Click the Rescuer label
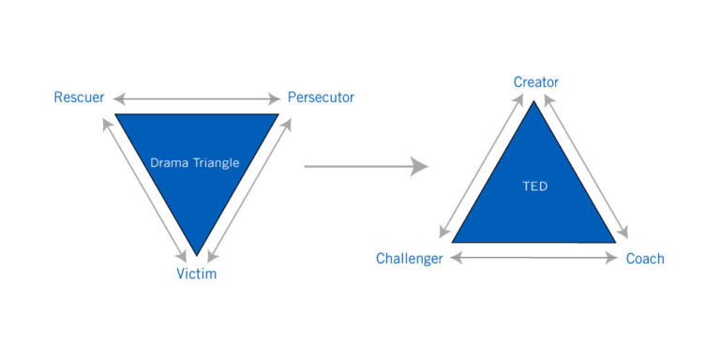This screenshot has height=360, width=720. coord(79,97)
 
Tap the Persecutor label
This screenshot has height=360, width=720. coord(321,97)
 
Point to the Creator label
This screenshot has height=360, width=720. coord(535,82)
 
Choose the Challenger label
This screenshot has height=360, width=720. coord(409,259)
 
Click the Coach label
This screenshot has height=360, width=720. coord(644,259)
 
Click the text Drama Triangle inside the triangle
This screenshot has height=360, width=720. coord(195,162)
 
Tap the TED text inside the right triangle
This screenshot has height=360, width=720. coord(534,187)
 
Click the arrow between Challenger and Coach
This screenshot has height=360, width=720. coord(534,258)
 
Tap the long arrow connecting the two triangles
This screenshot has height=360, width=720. coord(366,167)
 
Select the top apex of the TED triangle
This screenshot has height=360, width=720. coord(534,101)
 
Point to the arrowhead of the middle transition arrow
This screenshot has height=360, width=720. coord(421,167)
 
